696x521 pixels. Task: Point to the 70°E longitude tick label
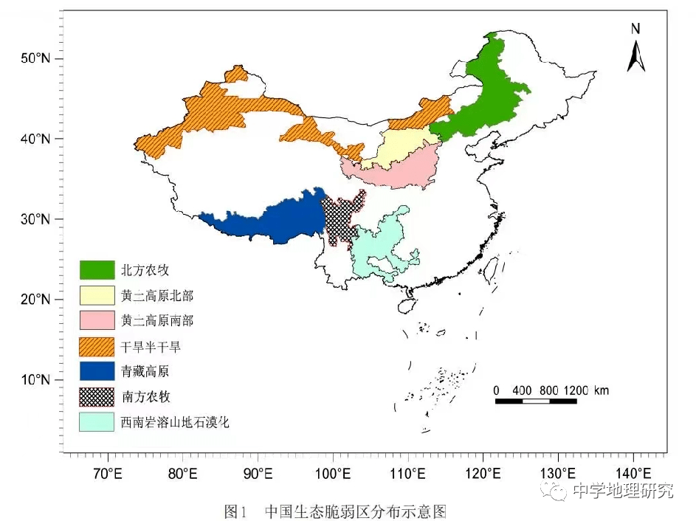tap(108, 473)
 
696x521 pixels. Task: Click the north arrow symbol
tap(635, 56)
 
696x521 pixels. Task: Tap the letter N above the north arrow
tap(635, 30)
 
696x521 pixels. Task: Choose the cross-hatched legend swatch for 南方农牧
tap(97, 397)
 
